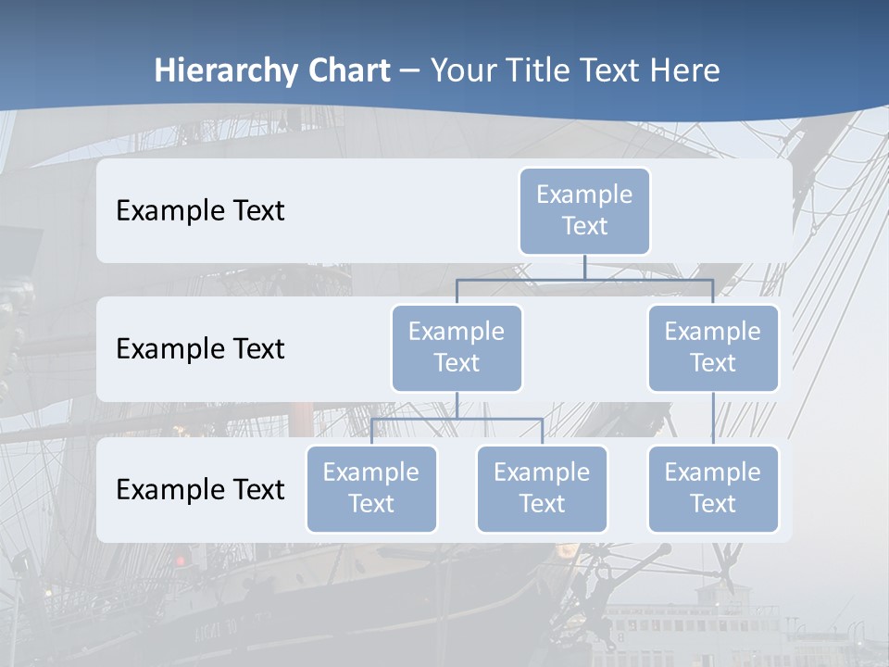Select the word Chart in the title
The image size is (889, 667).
(344, 70)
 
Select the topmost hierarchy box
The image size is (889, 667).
(584, 210)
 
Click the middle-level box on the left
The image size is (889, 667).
(457, 347)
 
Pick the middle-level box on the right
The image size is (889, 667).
(713, 347)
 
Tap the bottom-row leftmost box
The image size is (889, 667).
(371, 488)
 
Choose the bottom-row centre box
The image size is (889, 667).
(542, 488)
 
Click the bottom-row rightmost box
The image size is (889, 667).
(713, 488)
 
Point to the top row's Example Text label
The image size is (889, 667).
(200, 210)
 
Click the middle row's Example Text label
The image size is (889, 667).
(200, 348)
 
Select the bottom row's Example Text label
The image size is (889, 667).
(200, 489)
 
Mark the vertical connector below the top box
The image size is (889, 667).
(584, 267)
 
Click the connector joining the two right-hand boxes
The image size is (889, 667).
(713, 419)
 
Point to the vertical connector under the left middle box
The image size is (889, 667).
(457, 405)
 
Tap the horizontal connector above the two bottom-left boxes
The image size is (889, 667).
(457, 419)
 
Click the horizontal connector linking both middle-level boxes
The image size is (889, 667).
(584, 279)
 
